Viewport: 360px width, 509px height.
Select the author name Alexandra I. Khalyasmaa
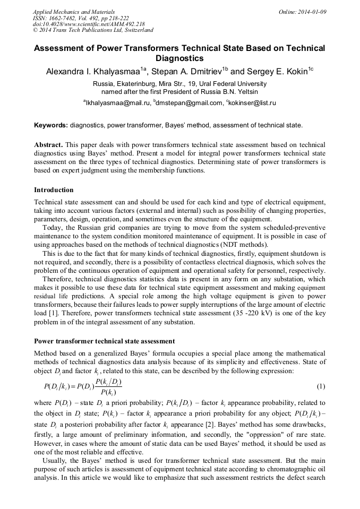pos(95,71)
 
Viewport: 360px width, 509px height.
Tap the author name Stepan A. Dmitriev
pos(189,71)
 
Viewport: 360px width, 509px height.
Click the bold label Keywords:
pos(51,125)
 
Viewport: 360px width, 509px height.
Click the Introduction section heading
pos(54,189)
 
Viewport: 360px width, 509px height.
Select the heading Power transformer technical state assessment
pos(104,341)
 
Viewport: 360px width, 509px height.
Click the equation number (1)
pos(321,385)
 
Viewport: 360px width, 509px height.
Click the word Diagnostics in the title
pos(179,58)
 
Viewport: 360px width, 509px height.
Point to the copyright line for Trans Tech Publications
pos(93,30)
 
